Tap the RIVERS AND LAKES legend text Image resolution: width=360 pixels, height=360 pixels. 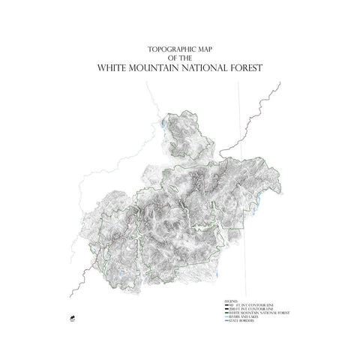click(241, 316)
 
